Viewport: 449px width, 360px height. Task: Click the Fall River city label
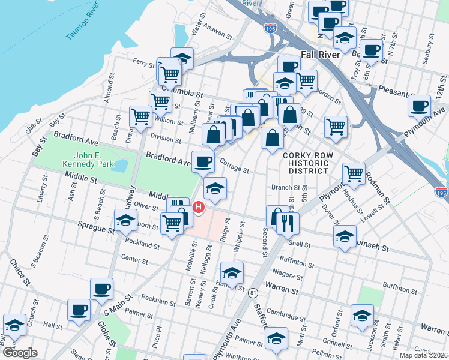pyautogui.click(x=321, y=54)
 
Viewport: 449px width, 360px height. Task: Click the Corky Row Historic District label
pyautogui.click(x=306, y=163)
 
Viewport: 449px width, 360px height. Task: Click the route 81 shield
pyautogui.click(x=253, y=292)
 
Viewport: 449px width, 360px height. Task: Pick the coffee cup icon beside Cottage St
pyautogui.click(x=203, y=161)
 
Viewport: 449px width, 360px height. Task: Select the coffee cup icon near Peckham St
pyautogui.click(x=101, y=289)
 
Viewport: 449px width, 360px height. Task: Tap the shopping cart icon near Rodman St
pyautogui.click(x=354, y=173)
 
